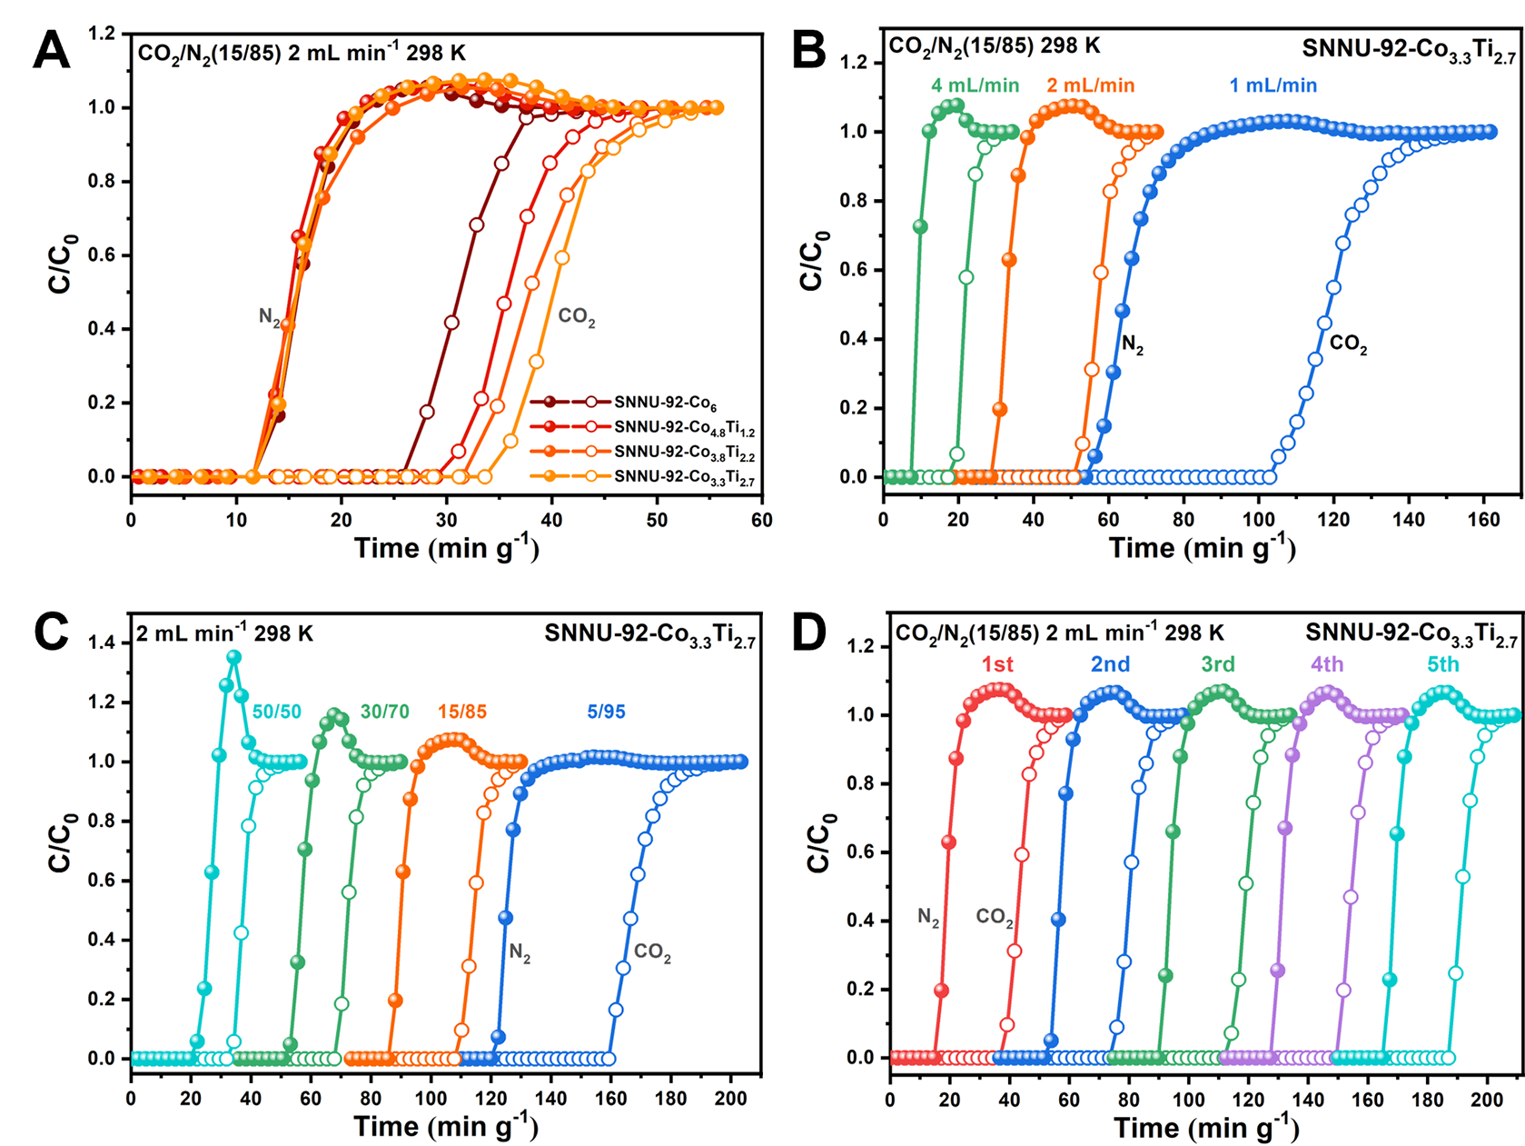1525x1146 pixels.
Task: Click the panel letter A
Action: point(51,51)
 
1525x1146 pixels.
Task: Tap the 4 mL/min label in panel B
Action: point(975,85)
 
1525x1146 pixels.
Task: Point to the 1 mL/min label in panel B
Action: point(1272,85)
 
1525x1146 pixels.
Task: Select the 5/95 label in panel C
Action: point(606,712)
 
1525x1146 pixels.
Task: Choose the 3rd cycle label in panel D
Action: point(1217,664)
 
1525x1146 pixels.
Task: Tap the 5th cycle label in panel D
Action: point(1442,664)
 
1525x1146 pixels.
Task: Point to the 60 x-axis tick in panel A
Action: point(761,520)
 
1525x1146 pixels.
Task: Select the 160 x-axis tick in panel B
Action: point(1484,520)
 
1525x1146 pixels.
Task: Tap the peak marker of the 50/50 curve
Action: point(233,656)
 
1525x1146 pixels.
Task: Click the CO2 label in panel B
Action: point(1348,344)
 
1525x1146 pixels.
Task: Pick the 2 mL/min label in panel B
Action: point(1090,85)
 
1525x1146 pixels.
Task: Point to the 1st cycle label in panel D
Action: point(997,664)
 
